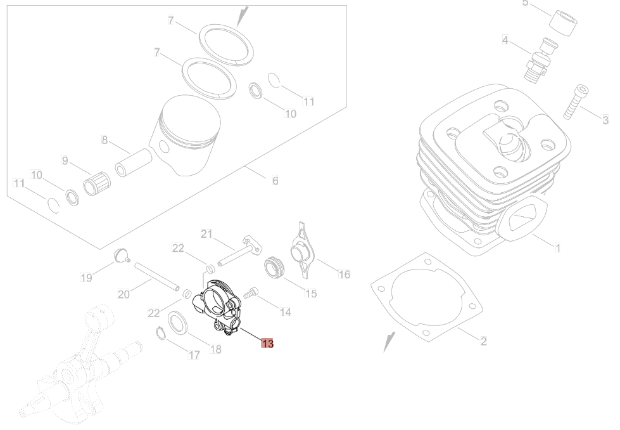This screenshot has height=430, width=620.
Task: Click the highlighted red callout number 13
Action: (267, 343)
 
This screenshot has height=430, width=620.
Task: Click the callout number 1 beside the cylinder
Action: (558, 248)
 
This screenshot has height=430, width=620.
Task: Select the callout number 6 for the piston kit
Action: (275, 181)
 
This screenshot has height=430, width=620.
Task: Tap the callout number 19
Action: (86, 277)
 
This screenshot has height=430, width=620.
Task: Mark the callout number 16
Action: (344, 275)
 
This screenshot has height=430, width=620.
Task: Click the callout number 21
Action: (206, 234)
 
